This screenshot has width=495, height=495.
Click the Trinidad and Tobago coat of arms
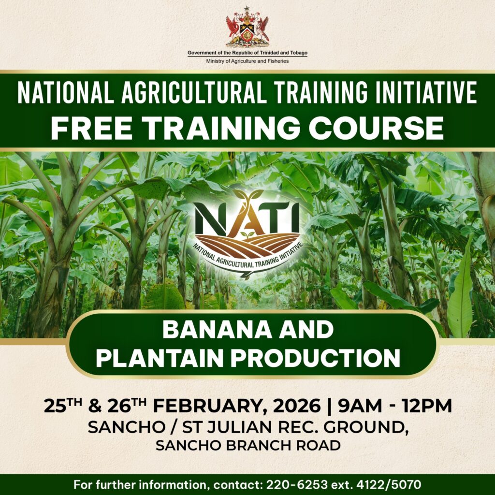tap(247, 27)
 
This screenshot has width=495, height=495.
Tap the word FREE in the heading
tap(91, 128)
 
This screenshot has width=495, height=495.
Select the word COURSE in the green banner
tap(376, 128)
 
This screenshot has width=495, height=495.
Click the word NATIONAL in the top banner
tap(66, 92)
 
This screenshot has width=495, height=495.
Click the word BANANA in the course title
tap(217, 330)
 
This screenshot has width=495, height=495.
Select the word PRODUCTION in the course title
tap(315, 358)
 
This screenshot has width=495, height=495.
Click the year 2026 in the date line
tap(297, 406)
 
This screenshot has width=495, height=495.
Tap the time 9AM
tap(360, 406)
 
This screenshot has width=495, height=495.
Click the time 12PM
tap(427, 406)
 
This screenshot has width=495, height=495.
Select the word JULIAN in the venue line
tap(240, 427)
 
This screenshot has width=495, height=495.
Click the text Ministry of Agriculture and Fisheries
tap(247, 61)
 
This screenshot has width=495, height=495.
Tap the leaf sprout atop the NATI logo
tap(248, 197)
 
